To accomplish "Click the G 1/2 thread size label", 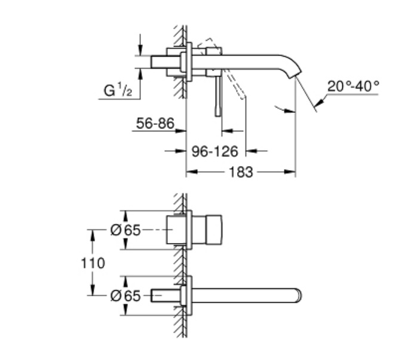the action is click(x=118, y=90).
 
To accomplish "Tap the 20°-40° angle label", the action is click(x=353, y=87).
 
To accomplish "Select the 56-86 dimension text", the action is click(x=155, y=123).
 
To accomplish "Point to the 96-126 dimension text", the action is click(x=215, y=152).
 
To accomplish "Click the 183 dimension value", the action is click(x=241, y=172).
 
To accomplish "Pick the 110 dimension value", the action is click(x=93, y=263).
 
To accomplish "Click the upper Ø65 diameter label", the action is click(x=125, y=230).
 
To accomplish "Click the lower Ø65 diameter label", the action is click(x=125, y=296).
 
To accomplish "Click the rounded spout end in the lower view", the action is click(x=299, y=296).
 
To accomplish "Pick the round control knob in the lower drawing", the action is click(x=213, y=230).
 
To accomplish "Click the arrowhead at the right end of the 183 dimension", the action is click(x=290, y=172).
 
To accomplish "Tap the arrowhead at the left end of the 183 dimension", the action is click(x=192, y=172).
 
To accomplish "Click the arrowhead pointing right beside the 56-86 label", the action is click(x=180, y=131).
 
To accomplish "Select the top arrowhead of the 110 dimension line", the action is click(x=93, y=235).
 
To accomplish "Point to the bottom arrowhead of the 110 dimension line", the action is click(x=93, y=290).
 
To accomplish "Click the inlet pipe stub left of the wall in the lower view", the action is click(x=165, y=296).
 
